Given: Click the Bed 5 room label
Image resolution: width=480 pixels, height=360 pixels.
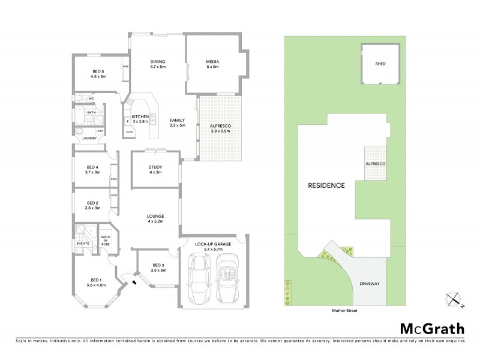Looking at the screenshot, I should click(x=98, y=74).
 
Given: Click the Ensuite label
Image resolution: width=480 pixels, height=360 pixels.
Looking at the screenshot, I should click(x=82, y=243).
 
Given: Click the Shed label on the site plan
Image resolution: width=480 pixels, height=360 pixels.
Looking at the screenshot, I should click(x=380, y=64).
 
